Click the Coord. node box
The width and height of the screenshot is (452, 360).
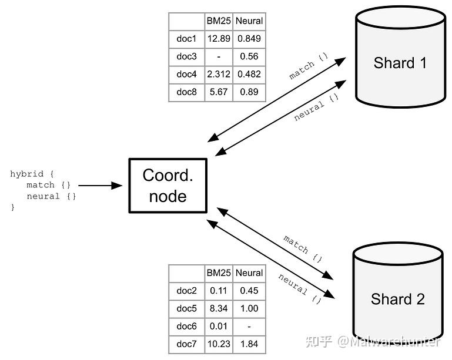tap(168, 185)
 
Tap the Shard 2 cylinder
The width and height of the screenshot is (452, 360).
tap(397, 299)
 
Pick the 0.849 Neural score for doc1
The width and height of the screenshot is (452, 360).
tap(249, 39)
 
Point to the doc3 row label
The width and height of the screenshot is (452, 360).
tap(186, 56)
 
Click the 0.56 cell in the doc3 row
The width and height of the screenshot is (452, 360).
tap(249, 56)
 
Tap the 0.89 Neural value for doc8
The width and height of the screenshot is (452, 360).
tap(249, 92)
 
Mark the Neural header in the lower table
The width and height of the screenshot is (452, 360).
tap(249, 273)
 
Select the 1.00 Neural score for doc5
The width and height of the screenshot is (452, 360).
tap(249, 308)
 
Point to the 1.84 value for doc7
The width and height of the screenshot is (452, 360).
tap(249, 344)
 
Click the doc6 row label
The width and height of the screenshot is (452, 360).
tap(186, 326)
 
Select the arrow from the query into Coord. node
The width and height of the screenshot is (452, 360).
tap(100, 186)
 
